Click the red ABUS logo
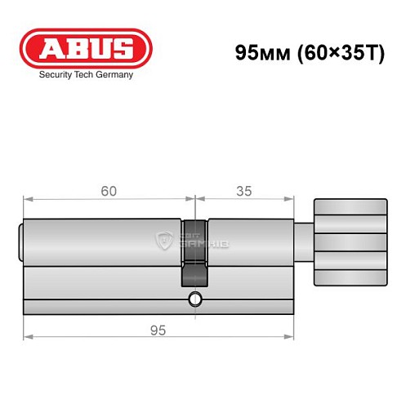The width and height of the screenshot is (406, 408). (86, 48)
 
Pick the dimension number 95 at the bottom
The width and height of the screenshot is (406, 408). (158, 330)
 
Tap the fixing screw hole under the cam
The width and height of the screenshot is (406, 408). (194, 299)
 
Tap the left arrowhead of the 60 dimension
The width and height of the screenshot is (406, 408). (26, 198)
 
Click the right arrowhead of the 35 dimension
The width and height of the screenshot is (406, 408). (289, 198)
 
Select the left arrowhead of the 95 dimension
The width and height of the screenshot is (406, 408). (26, 336)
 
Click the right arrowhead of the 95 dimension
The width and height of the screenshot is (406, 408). (289, 336)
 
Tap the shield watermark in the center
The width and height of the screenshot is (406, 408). (165, 240)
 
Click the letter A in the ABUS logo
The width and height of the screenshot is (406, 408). (50, 48)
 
